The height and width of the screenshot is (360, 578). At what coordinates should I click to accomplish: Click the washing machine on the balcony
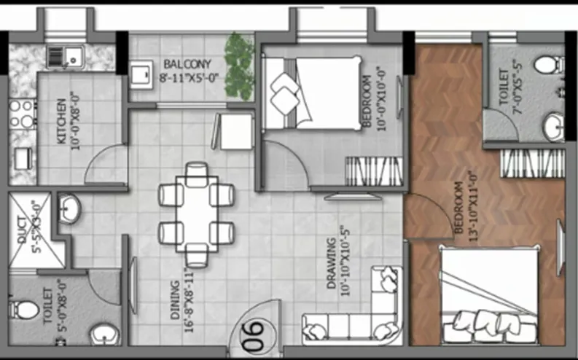pos(141,75)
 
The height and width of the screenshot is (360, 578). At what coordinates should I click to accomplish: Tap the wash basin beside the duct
pos(70,208)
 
